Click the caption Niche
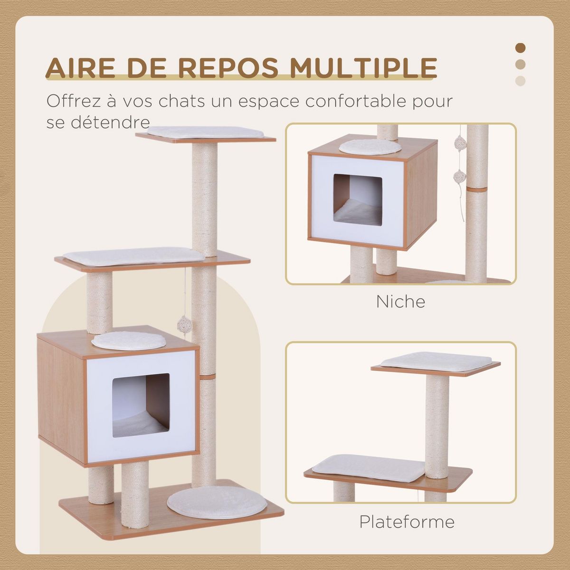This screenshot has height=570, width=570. tap(400, 302)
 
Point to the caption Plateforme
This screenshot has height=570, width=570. tap(407, 522)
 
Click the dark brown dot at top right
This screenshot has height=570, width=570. tap(521, 48)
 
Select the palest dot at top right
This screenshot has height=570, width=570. tap(521, 81)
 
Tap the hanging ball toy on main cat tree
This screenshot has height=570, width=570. tap(184, 325)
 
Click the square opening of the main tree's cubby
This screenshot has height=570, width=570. tap(141, 405)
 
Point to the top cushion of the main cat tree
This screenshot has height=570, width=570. tap(206, 132)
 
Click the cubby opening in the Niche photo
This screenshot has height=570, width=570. tap(358, 199)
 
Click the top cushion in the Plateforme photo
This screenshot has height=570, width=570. tap(436, 362)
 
